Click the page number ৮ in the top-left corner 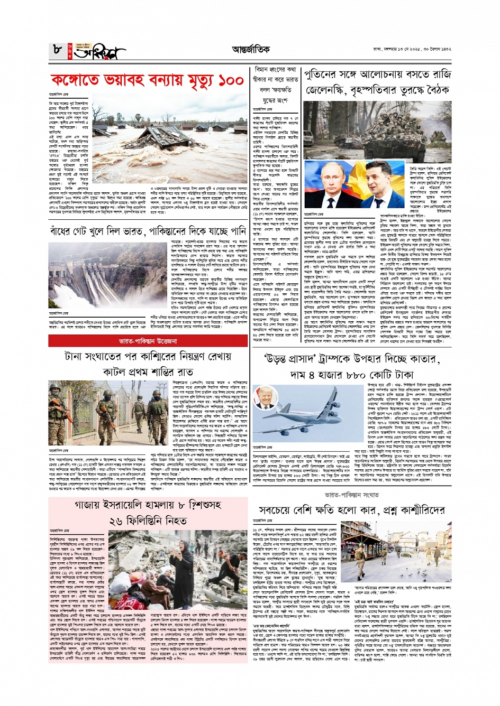point(57,51)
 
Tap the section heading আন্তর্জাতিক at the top point(249,50)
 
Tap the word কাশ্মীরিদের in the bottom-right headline point(422,510)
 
